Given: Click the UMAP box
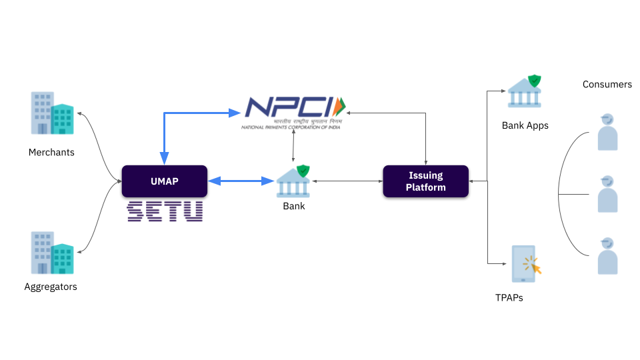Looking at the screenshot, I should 164,181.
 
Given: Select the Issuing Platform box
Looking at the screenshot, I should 425,181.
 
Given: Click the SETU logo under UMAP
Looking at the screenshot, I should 165,211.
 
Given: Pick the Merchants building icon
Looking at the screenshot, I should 52,113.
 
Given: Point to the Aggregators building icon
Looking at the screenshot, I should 52,253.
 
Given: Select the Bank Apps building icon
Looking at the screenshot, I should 525,92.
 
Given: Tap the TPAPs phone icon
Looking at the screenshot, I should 524,264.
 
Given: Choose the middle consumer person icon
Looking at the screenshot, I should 607,194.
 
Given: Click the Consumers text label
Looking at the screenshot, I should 607,85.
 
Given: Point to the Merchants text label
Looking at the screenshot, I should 51,153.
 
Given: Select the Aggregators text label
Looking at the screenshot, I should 51,287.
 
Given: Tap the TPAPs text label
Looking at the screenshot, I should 509,298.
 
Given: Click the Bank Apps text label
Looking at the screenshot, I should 525,125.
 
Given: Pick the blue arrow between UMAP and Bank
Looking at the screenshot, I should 241,181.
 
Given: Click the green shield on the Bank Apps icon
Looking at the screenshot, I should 534,81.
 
